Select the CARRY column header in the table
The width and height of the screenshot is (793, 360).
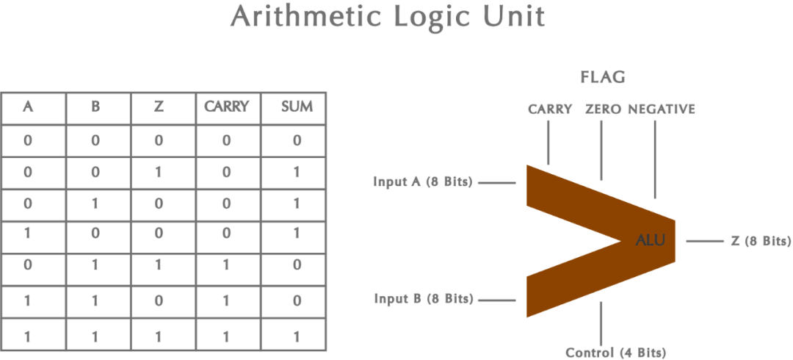pyautogui.click(x=227, y=107)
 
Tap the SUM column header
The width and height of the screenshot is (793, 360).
pyautogui.click(x=297, y=107)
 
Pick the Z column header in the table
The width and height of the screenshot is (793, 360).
pyautogui.click(x=159, y=107)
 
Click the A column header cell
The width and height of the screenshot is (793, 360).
pyautogui.click(x=28, y=107)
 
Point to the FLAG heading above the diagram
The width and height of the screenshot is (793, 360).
pyautogui.click(x=603, y=77)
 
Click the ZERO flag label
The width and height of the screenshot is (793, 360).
pyautogui.click(x=603, y=109)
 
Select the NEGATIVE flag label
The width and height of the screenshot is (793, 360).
pyautogui.click(x=661, y=109)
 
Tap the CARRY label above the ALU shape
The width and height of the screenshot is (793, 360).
pyautogui.click(x=550, y=109)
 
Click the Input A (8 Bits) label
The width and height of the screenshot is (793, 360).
pyautogui.click(x=423, y=181)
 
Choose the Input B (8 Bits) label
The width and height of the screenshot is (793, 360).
pyautogui.click(x=424, y=299)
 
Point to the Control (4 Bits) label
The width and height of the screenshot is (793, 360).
pyautogui.click(x=616, y=352)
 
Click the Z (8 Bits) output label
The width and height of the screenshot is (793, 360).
pyautogui.click(x=760, y=241)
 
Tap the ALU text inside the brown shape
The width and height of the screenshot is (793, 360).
pyautogui.click(x=651, y=240)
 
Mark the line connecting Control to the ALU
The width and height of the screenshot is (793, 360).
pyautogui.click(x=601, y=320)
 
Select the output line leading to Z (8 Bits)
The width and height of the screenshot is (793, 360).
pyautogui.click(x=704, y=241)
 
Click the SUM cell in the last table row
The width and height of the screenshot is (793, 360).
pyautogui.click(x=297, y=337)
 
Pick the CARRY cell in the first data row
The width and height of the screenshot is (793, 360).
pyautogui.click(x=227, y=140)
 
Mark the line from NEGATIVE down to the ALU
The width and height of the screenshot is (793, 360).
pyautogui.click(x=655, y=158)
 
